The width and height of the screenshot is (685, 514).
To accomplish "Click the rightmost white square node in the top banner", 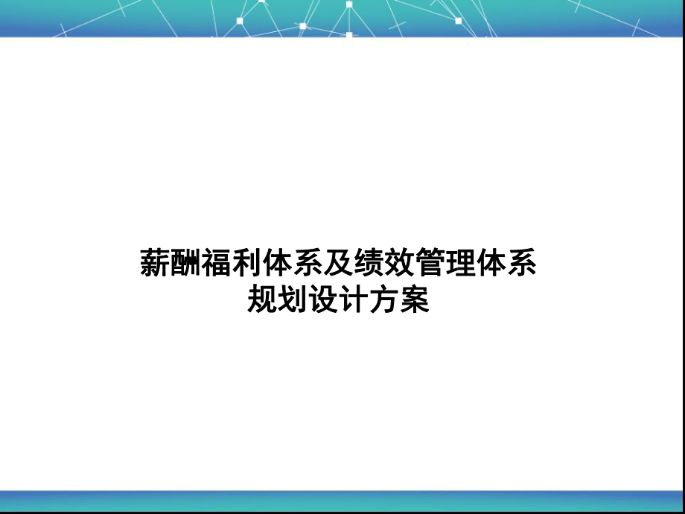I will coord(458,21).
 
